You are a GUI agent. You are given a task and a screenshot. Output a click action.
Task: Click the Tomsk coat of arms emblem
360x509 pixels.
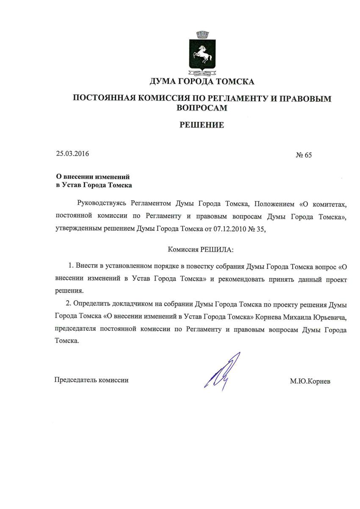[x=202, y=53]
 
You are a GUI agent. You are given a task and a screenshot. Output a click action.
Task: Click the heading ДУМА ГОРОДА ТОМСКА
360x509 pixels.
[x=202, y=81]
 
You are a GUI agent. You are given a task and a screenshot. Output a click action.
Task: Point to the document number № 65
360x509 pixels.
[x=303, y=155]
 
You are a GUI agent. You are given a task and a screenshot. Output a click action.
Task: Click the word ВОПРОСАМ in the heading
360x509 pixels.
[x=202, y=108]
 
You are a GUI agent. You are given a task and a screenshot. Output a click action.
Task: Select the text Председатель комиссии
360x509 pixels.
[x=91, y=380]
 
